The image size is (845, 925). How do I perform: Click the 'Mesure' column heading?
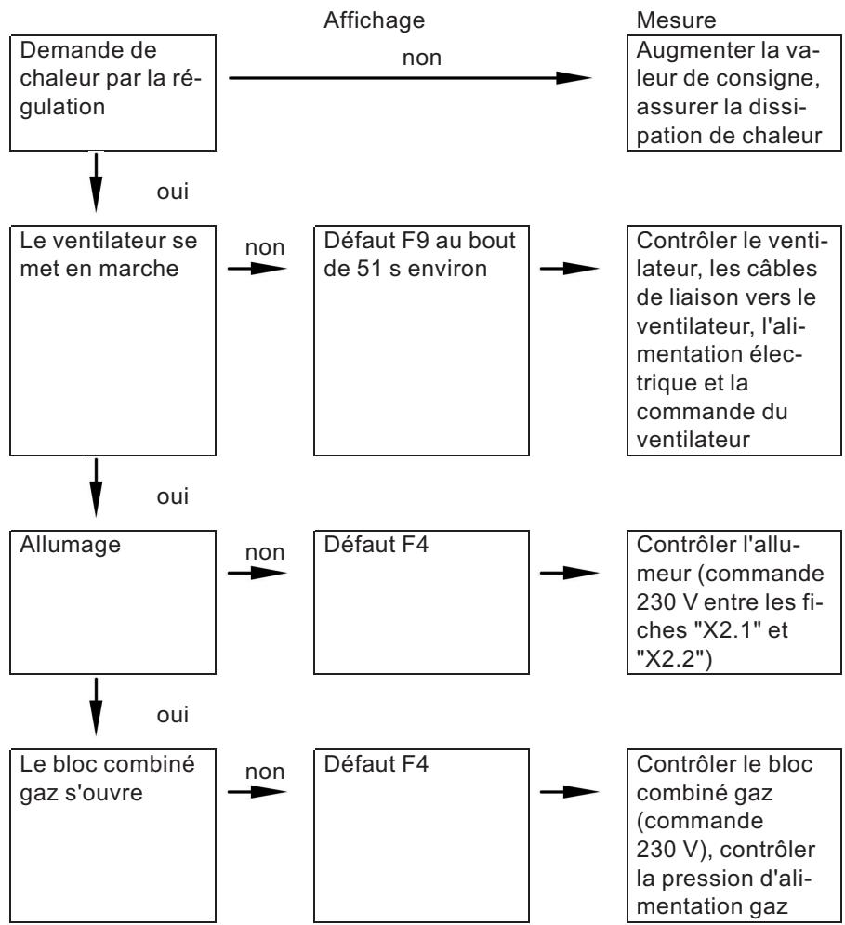click(x=670, y=19)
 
